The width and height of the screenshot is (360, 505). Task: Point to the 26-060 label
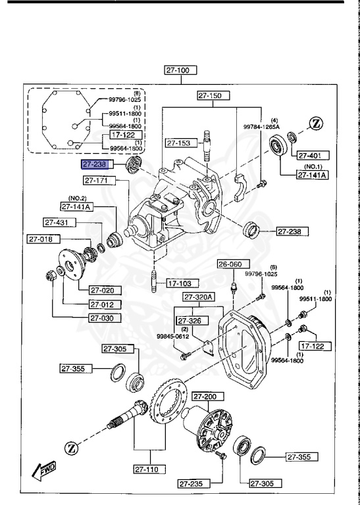pyautogui.click(x=230, y=264)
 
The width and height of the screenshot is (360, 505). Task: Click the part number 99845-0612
pyautogui.click(x=172, y=336)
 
